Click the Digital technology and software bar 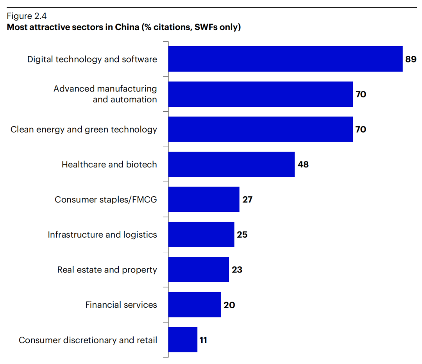(285, 59)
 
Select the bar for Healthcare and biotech (231, 164)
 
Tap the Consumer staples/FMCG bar (204, 199)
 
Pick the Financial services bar (195, 305)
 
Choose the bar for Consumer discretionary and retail (183, 340)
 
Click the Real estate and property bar (198, 269)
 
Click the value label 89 (411, 59)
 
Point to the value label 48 (303, 165)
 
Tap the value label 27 (247, 200)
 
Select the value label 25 (242, 235)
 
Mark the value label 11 (203, 340)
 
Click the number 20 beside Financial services (229, 305)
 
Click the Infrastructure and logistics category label (102, 235)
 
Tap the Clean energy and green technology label (84, 129)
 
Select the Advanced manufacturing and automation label (105, 94)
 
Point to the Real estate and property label (107, 270)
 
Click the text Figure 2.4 (27, 16)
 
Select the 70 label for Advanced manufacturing (361, 94)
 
